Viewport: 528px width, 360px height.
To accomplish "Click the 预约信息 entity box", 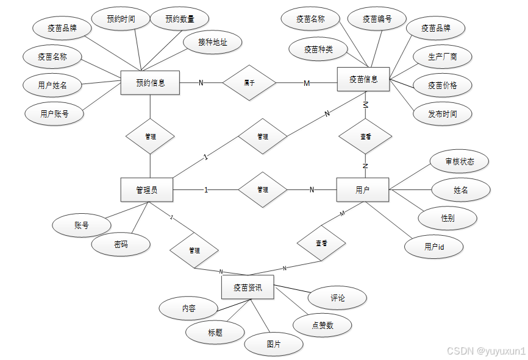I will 150,83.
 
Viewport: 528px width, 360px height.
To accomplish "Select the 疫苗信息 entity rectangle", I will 363,79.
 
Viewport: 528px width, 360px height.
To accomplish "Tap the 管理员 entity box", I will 147,190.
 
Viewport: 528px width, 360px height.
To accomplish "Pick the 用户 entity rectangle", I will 362,190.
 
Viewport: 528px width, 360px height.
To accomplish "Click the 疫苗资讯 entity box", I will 248,288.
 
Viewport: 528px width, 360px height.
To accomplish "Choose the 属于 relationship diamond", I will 249,83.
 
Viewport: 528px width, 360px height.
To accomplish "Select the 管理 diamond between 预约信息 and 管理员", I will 151,137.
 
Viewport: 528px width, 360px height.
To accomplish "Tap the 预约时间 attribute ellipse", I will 121,19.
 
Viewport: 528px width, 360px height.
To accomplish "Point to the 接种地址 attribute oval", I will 212,43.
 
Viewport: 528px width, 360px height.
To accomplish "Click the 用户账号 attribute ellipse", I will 54,113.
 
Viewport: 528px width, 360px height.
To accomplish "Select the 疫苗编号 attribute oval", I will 377,19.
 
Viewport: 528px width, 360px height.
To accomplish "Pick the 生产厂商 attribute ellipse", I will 443,57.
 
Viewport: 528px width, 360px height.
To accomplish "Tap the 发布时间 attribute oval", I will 443,113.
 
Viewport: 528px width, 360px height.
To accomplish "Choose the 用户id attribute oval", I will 434,247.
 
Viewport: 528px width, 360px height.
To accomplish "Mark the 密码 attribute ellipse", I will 121,245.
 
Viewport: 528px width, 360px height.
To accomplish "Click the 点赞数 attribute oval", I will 323,325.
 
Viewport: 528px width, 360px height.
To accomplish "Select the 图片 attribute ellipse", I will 274,344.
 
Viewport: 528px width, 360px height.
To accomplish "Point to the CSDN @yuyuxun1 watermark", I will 485,351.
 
